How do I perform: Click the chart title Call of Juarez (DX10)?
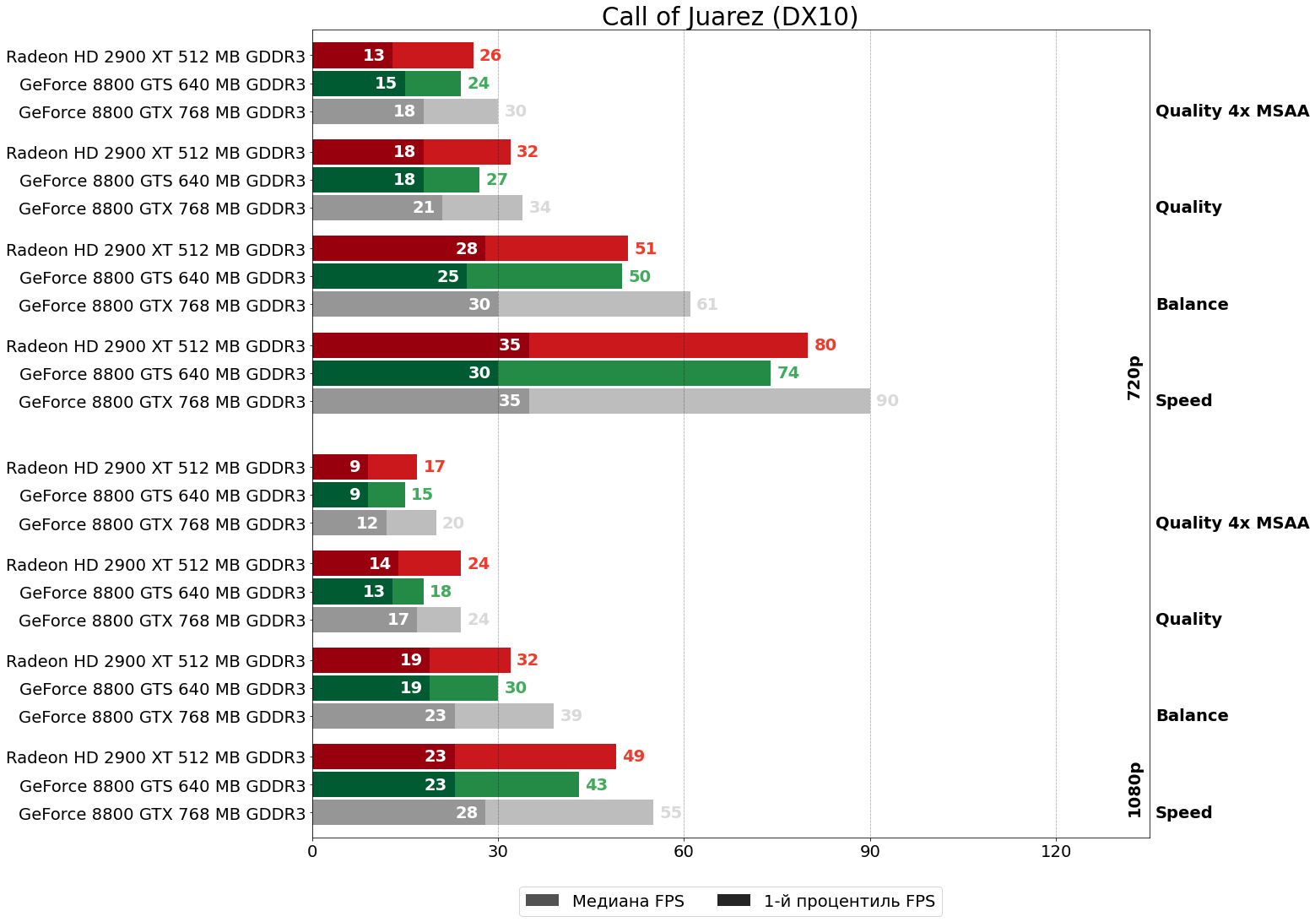(x=729, y=17)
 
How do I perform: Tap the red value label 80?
(x=825, y=345)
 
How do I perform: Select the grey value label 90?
(x=887, y=401)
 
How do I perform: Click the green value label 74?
(x=787, y=373)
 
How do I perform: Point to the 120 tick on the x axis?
(x=1056, y=852)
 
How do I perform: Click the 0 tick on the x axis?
(x=312, y=852)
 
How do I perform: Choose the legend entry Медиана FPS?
(x=604, y=901)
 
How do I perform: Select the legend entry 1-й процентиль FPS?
(x=826, y=901)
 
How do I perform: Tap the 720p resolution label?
(x=1134, y=377)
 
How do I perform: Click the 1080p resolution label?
(x=1134, y=789)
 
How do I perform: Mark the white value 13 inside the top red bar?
(x=374, y=56)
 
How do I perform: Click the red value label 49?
(x=633, y=757)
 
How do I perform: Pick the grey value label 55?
(x=670, y=813)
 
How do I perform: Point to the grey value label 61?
(x=707, y=305)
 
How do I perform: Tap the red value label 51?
(x=645, y=249)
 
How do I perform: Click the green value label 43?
(x=596, y=785)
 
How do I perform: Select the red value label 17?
(x=434, y=467)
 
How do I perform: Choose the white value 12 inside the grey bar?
(x=367, y=523)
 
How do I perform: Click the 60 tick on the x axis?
(x=684, y=852)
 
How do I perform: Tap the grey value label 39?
(x=571, y=716)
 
